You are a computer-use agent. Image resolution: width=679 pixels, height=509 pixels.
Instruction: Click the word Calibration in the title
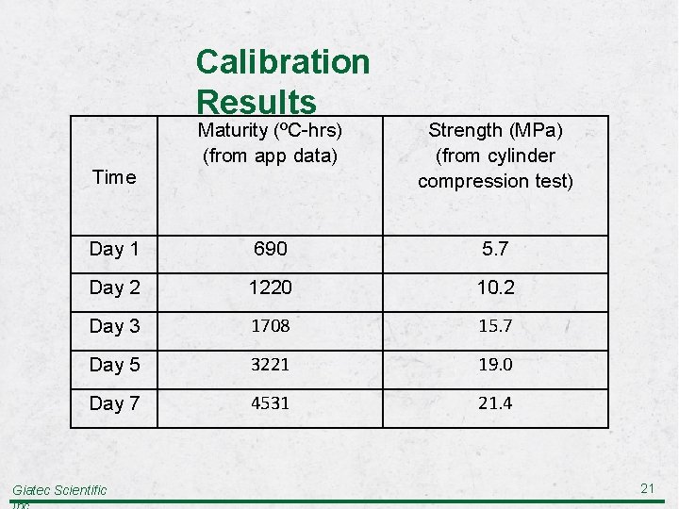coord(282,62)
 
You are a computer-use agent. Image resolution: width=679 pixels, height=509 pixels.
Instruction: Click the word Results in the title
coord(256,101)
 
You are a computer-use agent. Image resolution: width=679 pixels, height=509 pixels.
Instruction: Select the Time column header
coord(113,177)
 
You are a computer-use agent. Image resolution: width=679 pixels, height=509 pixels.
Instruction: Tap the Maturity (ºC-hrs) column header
coord(270,142)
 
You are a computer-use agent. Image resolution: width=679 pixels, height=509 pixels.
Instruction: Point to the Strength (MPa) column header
coord(495,155)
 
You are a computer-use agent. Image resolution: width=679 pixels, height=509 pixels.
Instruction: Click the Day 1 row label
coord(114,249)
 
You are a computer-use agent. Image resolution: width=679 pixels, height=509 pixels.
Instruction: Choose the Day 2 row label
coord(114,287)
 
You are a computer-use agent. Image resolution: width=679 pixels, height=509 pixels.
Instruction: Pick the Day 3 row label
coord(114,326)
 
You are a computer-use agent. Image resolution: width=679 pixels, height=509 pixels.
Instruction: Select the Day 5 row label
coord(114,365)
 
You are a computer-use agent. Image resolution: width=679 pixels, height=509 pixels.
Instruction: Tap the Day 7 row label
coord(114,403)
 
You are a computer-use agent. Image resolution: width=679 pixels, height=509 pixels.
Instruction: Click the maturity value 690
coord(270,249)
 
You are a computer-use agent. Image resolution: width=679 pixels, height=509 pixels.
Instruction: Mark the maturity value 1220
coord(270,287)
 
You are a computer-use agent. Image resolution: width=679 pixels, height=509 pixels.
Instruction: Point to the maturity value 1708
coord(270,326)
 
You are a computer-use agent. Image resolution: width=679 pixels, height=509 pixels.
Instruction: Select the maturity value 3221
coord(270,365)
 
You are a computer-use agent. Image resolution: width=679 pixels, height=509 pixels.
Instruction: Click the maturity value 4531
coord(270,403)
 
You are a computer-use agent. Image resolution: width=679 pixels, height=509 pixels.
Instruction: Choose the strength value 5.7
coord(495,249)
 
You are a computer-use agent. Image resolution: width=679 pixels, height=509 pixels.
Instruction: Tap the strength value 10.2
coord(495,287)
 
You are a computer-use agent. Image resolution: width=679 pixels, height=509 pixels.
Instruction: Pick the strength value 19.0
coord(495,365)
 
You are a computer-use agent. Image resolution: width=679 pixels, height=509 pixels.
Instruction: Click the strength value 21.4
coord(495,403)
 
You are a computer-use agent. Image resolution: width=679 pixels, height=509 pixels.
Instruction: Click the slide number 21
coord(647,487)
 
